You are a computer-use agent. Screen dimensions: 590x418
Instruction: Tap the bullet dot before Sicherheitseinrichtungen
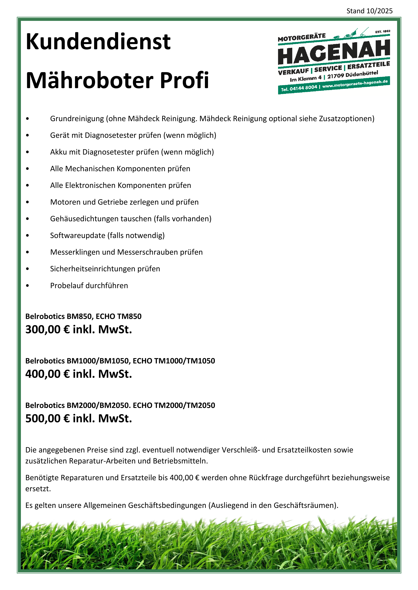point(27,269)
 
